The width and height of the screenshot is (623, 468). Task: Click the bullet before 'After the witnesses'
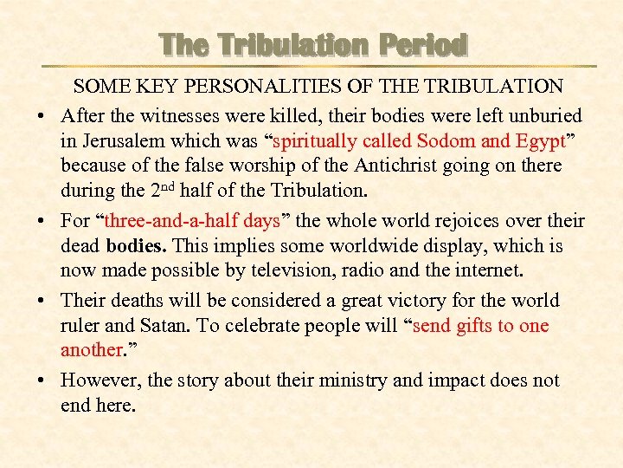(x=40, y=115)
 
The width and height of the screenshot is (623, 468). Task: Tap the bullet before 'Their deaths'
(x=40, y=302)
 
